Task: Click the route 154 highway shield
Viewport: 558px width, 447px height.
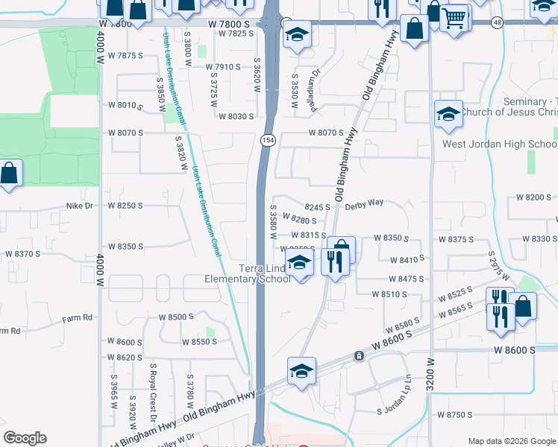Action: [266, 140]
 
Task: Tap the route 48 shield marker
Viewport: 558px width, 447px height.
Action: [498, 23]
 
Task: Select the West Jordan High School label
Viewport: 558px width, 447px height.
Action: [499, 144]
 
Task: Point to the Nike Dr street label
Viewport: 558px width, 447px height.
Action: [80, 205]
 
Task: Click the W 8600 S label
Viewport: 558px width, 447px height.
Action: [514, 349]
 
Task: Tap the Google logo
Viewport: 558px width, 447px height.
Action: [25, 438]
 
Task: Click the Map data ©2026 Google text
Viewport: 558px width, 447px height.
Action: [511, 441]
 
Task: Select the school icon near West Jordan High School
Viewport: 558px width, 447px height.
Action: [448, 115]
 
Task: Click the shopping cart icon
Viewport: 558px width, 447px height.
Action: [454, 17]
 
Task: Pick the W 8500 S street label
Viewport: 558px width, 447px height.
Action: [176, 317]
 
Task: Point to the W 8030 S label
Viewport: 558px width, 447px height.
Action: [236, 116]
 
